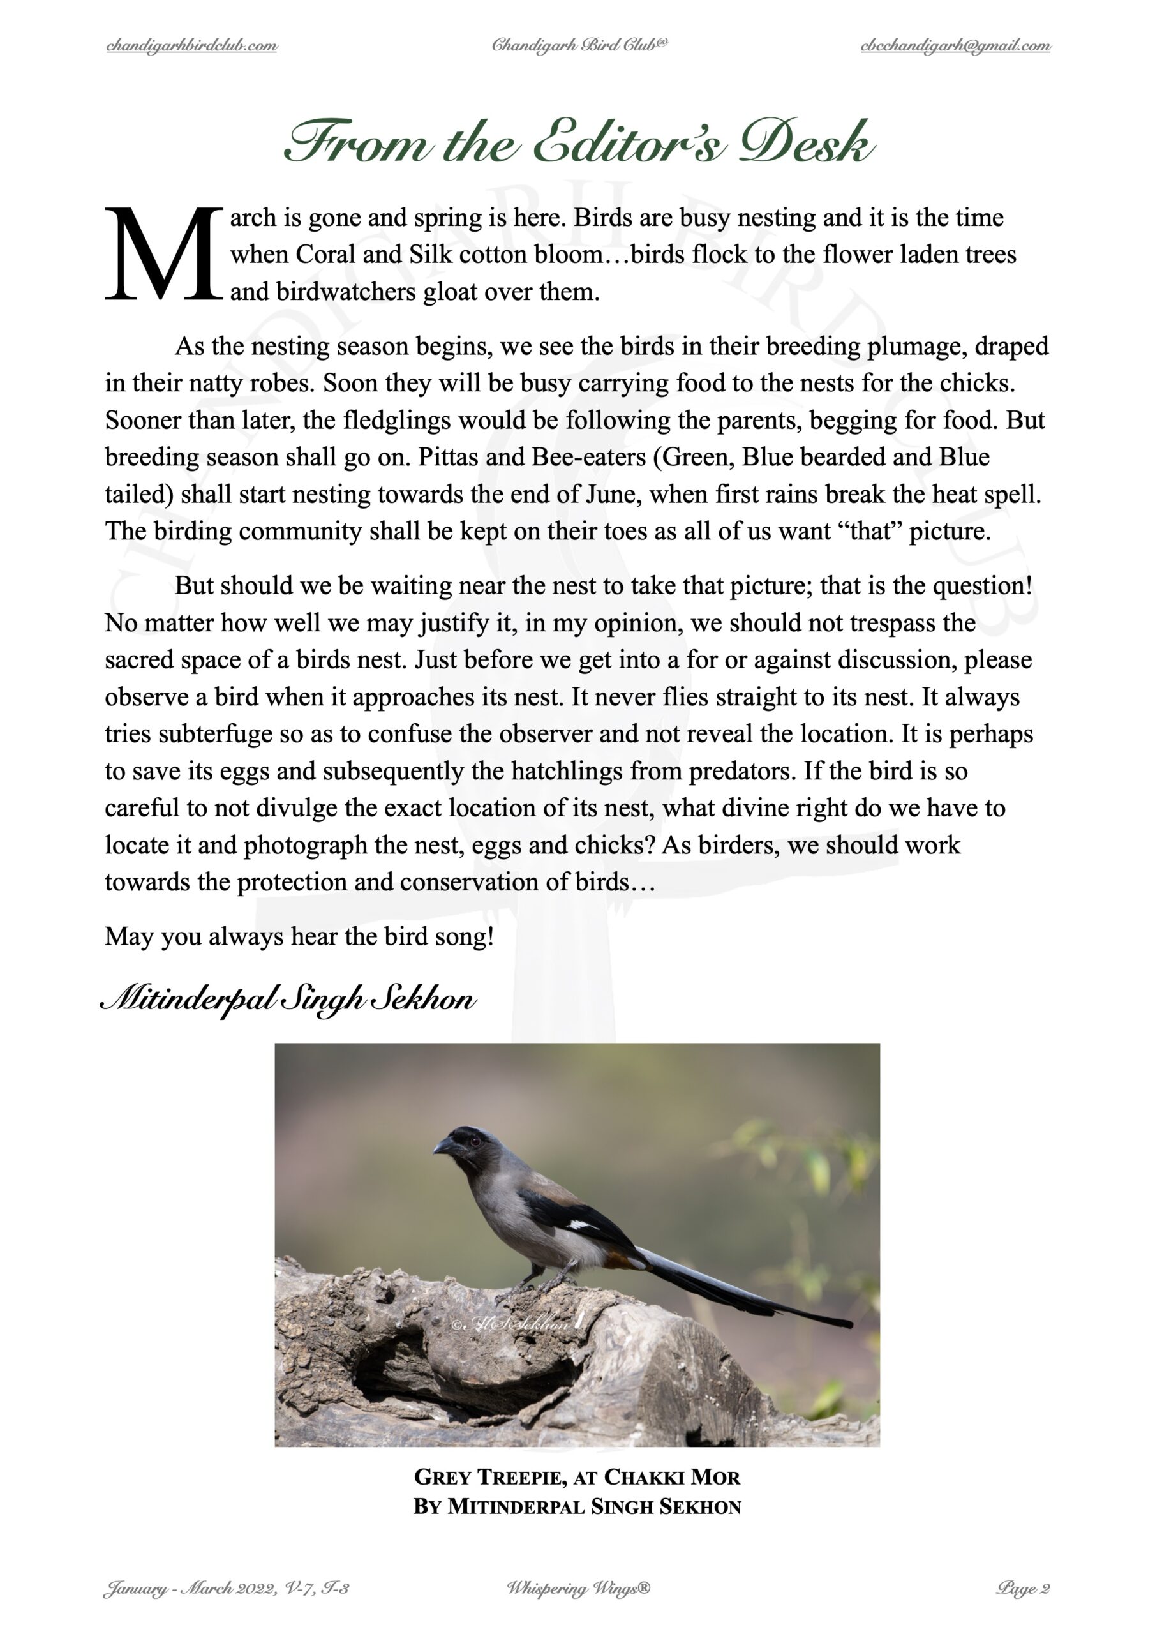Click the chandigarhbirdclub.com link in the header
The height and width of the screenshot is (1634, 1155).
pos(191,46)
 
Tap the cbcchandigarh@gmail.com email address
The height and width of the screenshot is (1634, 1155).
pos(955,46)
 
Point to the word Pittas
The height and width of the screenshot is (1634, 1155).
pos(447,457)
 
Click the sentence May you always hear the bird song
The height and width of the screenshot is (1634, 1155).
pos(299,936)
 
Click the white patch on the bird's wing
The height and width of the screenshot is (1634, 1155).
pos(581,1225)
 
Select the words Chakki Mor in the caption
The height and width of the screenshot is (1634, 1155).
pos(672,1478)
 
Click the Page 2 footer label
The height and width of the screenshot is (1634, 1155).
pos(1024,1589)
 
